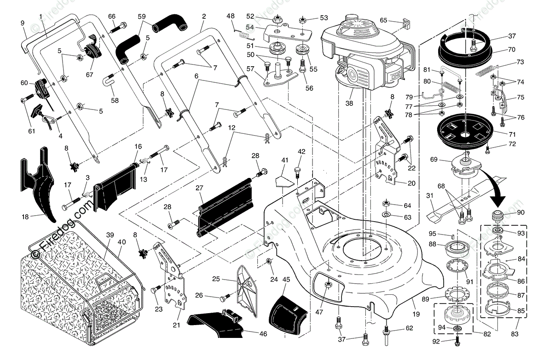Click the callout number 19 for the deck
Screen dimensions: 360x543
416,315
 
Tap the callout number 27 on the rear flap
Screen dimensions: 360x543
199,188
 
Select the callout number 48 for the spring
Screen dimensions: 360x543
231,16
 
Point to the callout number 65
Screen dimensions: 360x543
383,20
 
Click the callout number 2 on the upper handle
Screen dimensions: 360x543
203,16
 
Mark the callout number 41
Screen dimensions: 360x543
285,160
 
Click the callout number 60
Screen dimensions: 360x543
24,83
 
